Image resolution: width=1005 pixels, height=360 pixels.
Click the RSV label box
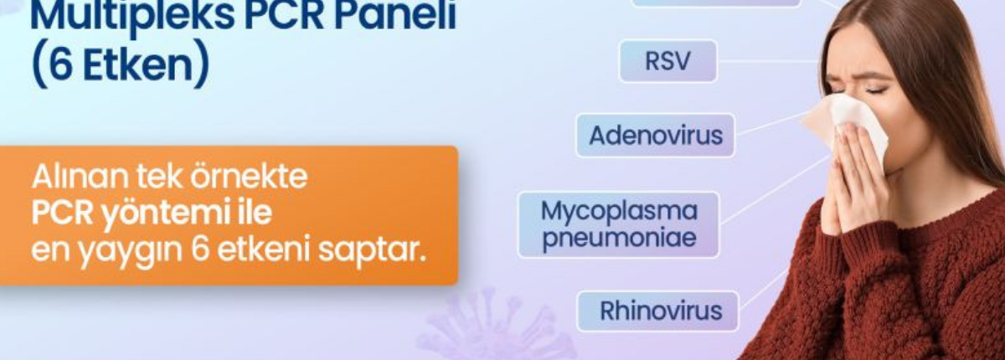(668, 61)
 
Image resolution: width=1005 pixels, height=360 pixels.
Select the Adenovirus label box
(656, 135)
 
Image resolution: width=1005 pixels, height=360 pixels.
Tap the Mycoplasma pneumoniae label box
(619, 224)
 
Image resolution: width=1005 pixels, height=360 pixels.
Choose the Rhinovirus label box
(657, 311)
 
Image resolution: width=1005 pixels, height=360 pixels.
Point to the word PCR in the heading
(285, 14)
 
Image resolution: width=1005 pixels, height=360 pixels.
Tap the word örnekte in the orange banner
(249, 176)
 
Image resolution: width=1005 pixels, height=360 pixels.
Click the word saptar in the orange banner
(372, 250)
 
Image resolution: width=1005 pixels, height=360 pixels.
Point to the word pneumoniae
(619, 238)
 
